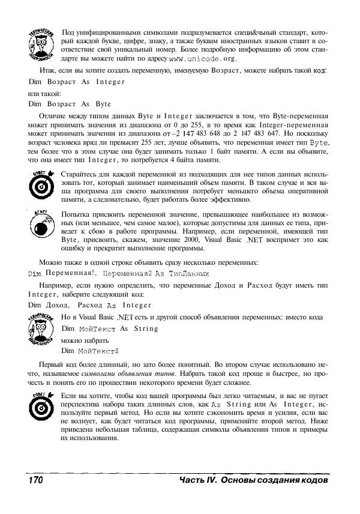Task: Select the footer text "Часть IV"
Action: coord(198,482)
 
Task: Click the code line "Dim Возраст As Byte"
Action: coord(70,103)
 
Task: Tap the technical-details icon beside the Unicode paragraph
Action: coord(40,44)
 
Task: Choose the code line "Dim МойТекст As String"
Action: coord(110,328)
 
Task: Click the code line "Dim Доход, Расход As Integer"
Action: coord(90,305)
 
